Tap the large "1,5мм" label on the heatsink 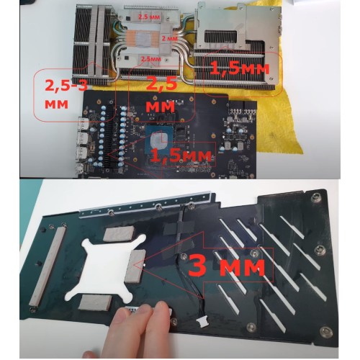(242, 69)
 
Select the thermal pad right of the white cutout (134, 270)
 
